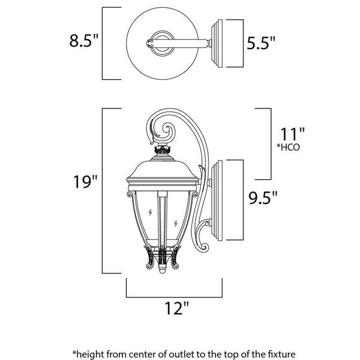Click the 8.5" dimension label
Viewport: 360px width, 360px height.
click(x=84, y=41)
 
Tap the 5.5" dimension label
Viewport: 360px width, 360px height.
click(x=261, y=43)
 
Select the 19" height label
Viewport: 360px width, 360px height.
click(x=85, y=182)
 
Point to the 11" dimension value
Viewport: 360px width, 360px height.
click(x=293, y=134)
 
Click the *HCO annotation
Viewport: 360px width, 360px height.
click(x=289, y=147)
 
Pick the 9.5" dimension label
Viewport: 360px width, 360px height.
click(x=263, y=197)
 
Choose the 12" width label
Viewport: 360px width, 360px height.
click(x=177, y=308)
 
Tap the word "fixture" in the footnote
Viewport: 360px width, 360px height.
click(x=281, y=353)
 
